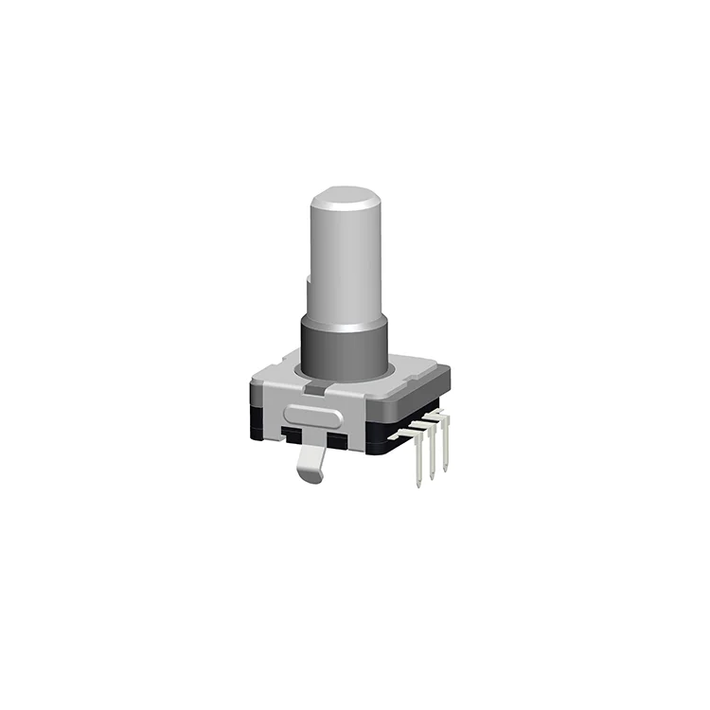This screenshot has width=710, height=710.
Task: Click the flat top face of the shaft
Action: tap(346, 198)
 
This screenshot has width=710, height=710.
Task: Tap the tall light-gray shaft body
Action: tap(346, 265)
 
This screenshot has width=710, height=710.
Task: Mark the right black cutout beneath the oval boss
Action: tap(338, 440)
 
